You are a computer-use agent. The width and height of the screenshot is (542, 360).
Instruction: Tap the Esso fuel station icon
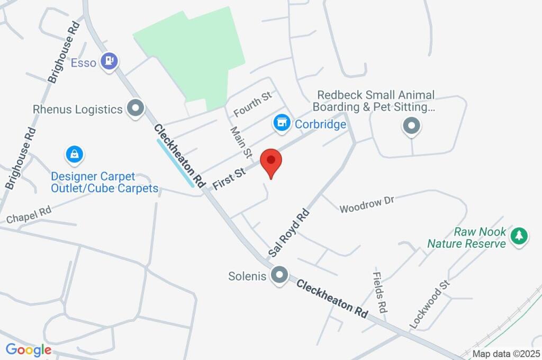coord(110,61)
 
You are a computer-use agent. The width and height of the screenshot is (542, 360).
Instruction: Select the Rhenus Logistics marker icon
coord(136,109)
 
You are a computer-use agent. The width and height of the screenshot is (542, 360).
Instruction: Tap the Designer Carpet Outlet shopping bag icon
coord(74,155)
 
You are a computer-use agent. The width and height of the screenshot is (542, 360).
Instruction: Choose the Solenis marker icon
coord(279,275)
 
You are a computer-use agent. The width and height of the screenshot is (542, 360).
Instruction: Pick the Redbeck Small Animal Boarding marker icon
coord(411,126)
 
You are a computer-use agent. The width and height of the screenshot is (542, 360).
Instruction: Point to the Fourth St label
coord(252,104)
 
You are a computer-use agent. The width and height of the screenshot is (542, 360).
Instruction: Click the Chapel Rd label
coord(29,214)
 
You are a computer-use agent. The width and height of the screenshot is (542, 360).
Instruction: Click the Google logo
coord(29,349)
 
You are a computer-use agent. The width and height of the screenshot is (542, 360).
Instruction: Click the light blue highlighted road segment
coord(175,163)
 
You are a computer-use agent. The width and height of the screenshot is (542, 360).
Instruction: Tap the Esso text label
coord(84,62)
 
